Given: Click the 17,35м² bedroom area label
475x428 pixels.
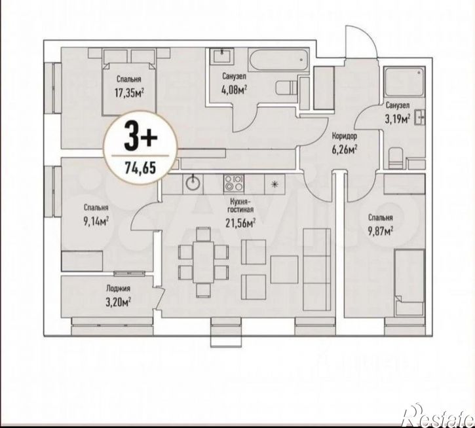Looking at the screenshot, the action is (x=129, y=92).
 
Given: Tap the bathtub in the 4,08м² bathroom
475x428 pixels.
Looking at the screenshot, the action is (x=278, y=60).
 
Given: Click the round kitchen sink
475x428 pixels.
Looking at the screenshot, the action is (x=193, y=183).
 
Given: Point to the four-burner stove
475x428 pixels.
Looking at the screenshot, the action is (x=233, y=183).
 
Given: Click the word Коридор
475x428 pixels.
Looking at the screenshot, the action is (x=345, y=136).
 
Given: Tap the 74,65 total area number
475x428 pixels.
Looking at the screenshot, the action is (x=140, y=167).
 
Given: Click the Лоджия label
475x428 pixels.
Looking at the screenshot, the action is (x=118, y=289).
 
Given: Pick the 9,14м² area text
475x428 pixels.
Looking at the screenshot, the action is (x=96, y=222).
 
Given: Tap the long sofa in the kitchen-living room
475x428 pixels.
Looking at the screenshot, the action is (x=317, y=270).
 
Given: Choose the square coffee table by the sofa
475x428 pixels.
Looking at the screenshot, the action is (x=284, y=270).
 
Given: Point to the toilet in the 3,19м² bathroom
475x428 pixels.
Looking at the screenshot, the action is (x=395, y=158).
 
